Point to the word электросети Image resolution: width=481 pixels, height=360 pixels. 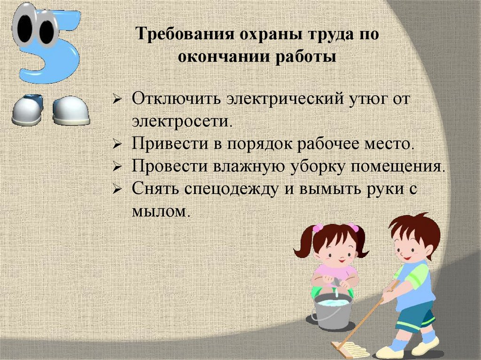coord(182,121)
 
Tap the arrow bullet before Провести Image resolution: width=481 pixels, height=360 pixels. coord(118,167)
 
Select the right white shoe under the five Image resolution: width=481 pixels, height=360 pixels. coord(70,112)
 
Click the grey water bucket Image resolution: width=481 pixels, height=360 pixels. coord(332,310)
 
